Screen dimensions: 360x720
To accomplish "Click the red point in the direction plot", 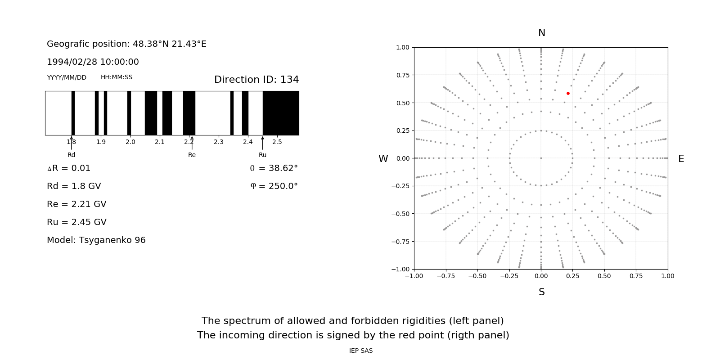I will coord(568,94).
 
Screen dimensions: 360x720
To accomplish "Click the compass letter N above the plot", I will coord(542,33).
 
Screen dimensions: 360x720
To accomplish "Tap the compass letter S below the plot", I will coord(542,292).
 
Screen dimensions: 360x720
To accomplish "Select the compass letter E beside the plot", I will coord(681,159).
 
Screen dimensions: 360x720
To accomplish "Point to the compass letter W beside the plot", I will coord(383,159).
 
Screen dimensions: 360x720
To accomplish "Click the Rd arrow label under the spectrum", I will coord(71,155).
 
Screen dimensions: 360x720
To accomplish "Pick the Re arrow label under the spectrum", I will coord(192,155).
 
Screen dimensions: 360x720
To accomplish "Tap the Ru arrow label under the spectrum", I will coord(262,155).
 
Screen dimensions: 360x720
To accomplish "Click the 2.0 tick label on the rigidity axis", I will coord(130,142).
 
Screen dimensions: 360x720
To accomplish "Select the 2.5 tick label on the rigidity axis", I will coord(277,142).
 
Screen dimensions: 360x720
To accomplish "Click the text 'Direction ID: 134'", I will coord(256,80).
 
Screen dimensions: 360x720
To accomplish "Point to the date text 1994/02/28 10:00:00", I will coord(93,62).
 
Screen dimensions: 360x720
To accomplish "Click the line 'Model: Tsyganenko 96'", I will coord(96,240).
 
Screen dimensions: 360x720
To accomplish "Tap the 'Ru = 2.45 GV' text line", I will coord(76,222).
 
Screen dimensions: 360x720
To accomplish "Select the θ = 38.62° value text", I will coord(274,168).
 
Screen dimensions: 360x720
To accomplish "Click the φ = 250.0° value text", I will coord(274,186).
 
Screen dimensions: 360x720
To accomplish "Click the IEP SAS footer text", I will coord(360,351).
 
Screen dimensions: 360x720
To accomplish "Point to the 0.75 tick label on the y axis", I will coord(402,75).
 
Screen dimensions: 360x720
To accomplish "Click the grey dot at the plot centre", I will coord(541,158).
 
